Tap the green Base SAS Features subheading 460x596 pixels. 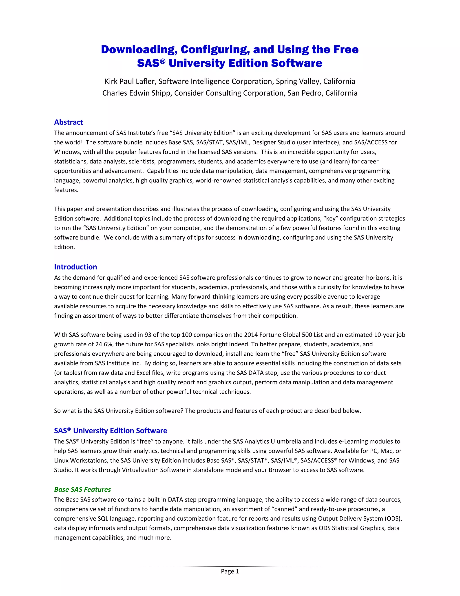(82, 489)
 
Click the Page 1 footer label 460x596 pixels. (230, 571)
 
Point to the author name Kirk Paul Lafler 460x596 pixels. (130, 81)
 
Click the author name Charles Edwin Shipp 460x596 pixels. (136, 93)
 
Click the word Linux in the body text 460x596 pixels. (61, 460)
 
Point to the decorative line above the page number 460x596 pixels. (230, 566)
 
